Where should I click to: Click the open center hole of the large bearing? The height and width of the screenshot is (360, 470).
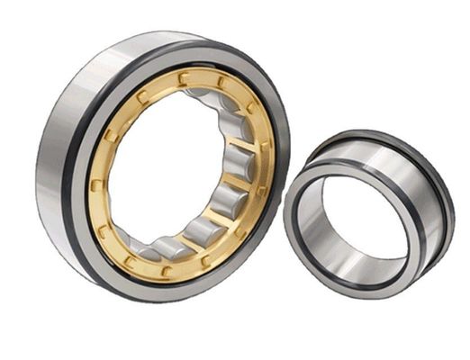click(162, 171)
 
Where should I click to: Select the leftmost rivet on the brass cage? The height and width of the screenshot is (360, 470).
click(96, 185)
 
